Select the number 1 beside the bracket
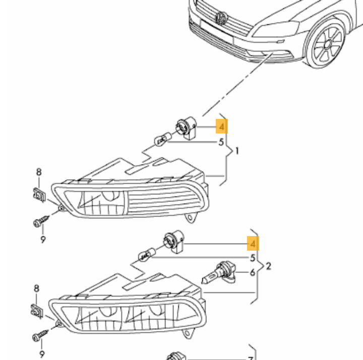coord(237,151)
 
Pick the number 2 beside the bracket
coord(268,266)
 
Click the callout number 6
coord(253,273)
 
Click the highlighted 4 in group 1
coord(221,126)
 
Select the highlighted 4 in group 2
coord(253,244)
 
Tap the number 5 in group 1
coord(221,142)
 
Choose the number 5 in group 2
coord(253,258)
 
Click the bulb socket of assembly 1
coord(184,127)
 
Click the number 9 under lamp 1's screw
coord(43,240)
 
